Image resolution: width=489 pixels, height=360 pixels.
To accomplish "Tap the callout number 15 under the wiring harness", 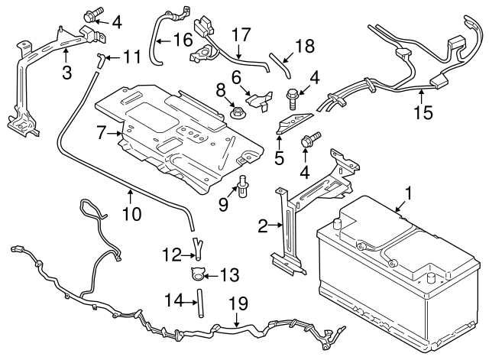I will point(422,112).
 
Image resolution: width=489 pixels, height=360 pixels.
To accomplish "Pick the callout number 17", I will point(241,34).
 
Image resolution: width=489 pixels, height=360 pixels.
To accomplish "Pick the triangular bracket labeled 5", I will point(293,121).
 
